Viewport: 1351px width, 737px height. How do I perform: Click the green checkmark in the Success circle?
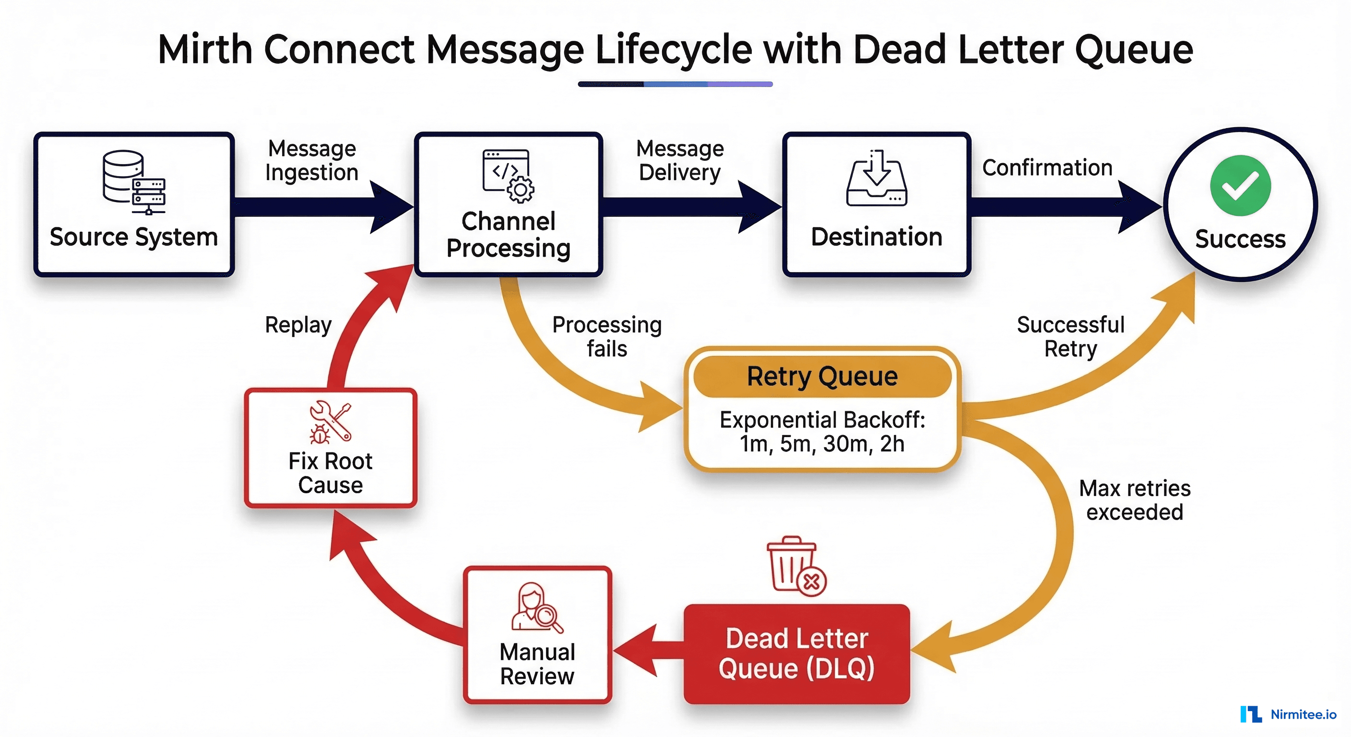point(1240,185)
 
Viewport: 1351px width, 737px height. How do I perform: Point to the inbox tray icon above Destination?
point(877,178)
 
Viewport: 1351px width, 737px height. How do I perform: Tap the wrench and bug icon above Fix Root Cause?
point(330,422)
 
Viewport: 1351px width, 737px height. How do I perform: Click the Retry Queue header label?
point(822,376)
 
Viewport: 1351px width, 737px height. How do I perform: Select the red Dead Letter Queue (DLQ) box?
point(796,654)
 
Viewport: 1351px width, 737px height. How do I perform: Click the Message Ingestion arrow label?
point(311,161)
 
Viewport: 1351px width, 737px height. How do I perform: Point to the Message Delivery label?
point(680,161)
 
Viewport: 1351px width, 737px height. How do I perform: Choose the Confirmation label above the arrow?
point(1047,168)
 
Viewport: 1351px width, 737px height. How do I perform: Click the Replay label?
point(298,325)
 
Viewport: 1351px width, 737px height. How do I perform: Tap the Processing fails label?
point(607,336)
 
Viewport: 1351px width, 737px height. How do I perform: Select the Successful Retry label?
point(1070,336)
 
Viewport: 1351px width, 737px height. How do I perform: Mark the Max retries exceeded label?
point(1135,500)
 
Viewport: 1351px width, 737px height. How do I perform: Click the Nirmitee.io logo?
point(1288,714)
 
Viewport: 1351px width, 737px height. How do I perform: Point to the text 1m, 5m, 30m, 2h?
point(822,444)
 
